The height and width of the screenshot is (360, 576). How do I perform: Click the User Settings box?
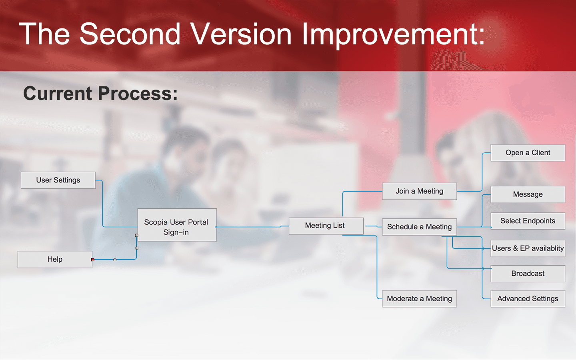[58, 180]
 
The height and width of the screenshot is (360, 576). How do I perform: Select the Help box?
[55, 260]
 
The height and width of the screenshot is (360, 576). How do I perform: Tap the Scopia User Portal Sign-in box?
[177, 225]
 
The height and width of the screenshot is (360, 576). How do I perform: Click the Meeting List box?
[326, 226]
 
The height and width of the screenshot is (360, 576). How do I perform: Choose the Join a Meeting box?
[419, 191]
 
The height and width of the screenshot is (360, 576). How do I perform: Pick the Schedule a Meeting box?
[419, 227]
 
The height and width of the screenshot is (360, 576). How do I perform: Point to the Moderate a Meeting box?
[419, 299]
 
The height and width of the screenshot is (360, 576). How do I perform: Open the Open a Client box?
[528, 153]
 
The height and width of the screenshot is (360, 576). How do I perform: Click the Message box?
[528, 194]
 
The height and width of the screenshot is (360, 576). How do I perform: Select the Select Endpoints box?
[528, 221]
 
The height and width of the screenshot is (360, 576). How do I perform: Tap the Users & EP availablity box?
[528, 248]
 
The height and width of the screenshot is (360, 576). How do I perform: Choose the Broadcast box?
[528, 274]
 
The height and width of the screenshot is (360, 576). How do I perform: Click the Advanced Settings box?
[528, 299]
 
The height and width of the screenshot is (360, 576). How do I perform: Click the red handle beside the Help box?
[93, 260]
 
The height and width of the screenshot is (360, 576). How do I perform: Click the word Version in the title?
[241, 34]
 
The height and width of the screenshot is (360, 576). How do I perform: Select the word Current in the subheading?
[58, 93]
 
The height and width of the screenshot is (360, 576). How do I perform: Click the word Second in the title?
[130, 34]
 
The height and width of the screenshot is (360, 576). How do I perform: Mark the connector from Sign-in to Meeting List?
[252, 227]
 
